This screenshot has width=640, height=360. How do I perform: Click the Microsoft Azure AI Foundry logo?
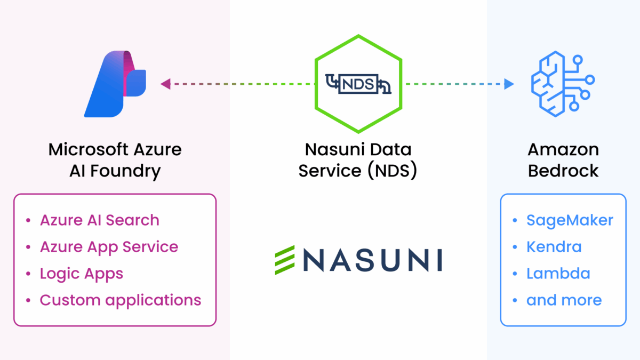[114, 84]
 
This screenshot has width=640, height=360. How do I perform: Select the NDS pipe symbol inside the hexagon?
[358, 84]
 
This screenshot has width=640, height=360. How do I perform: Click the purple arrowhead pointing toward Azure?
[165, 84]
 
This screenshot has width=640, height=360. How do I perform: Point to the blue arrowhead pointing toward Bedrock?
[509, 84]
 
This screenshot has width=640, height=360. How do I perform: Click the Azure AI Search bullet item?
[99, 220]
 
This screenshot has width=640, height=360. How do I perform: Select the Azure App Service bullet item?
[109, 247]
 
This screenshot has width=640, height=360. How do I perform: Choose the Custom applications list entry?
[121, 300]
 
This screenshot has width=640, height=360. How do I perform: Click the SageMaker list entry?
[570, 220]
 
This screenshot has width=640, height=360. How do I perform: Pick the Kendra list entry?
[554, 247]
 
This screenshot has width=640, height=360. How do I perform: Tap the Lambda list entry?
[558, 274]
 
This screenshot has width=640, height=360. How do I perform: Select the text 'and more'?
[564, 300]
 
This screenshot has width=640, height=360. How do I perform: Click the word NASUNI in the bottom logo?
[367, 260]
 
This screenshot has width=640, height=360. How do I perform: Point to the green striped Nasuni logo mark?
[284, 260]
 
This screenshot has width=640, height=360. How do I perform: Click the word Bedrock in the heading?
[563, 171]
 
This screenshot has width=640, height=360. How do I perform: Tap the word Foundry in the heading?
[131, 171]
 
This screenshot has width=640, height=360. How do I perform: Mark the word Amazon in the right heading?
[563, 149]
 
